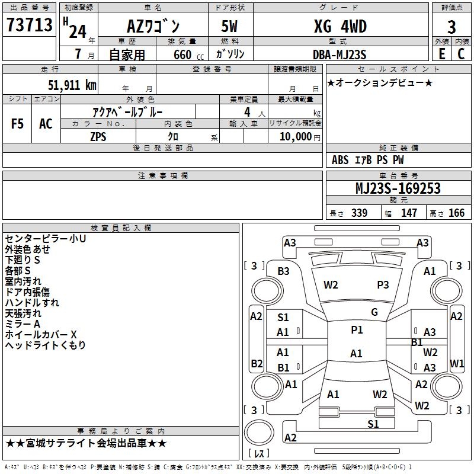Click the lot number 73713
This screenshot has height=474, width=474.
click(x=30, y=25)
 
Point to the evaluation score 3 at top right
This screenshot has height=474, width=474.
click(x=451, y=27)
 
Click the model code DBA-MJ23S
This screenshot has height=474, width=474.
click(x=339, y=54)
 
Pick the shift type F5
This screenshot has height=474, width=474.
click(x=17, y=124)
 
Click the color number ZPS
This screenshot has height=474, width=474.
click(x=98, y=136)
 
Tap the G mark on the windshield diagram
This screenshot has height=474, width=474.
click(x=374, y=312)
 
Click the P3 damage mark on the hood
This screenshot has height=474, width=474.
click(x=383, y=284)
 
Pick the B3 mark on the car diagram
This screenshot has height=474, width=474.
click(x=283, y=271)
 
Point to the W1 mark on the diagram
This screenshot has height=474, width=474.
click(x=457, y=363)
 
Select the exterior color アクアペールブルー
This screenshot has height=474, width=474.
click(x=128, y=111)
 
